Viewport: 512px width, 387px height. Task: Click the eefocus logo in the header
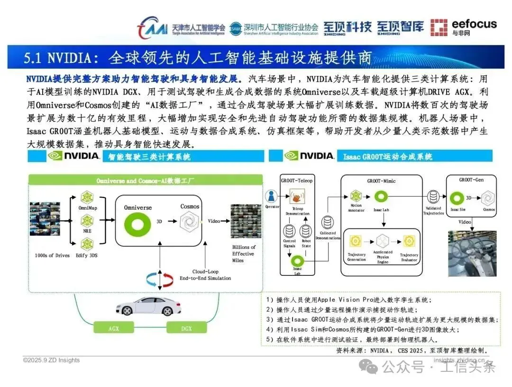[463, 27]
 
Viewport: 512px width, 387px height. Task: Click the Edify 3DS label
[87, 255]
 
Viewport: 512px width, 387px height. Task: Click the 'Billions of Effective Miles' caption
[243, 254]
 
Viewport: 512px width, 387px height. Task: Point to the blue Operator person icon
[272, 196]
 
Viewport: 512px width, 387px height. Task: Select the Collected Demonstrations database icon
[327, 222]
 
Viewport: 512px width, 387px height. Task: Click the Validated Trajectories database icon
[433, 196]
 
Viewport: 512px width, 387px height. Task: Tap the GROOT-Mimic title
[381, 181]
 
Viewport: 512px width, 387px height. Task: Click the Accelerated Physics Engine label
[383, 257]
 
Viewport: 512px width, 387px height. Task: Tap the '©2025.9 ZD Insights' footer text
[51, 360]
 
